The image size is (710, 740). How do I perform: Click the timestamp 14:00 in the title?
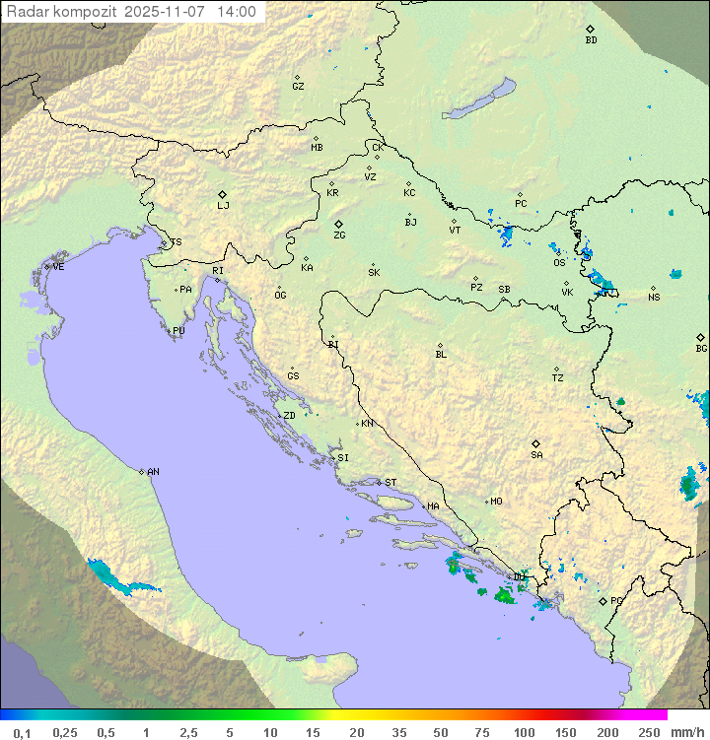(237, 12)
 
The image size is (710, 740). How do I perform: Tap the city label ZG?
(339, 235)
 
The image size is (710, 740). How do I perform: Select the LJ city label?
(223, 205)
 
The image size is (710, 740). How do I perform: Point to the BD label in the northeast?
(591, 40)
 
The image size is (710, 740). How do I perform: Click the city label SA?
(536, 454)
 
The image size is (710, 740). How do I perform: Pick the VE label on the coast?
(58, 267)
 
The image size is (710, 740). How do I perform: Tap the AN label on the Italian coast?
(153, 472)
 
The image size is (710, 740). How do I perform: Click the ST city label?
(390, 483)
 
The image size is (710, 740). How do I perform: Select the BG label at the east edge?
(701, 348)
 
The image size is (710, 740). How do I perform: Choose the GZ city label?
(298, 86)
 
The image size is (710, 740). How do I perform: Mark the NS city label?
(654, 298)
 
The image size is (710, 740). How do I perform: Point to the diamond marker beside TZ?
(557, 369)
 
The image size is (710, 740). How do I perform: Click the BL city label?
(441, 354)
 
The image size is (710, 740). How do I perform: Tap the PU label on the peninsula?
(178, 331)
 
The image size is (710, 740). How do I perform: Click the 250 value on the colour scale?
(648, 732)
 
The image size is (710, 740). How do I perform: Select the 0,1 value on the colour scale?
(22, 732)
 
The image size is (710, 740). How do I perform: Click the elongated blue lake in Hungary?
(480, 100)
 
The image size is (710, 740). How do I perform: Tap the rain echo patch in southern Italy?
(115, 578)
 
